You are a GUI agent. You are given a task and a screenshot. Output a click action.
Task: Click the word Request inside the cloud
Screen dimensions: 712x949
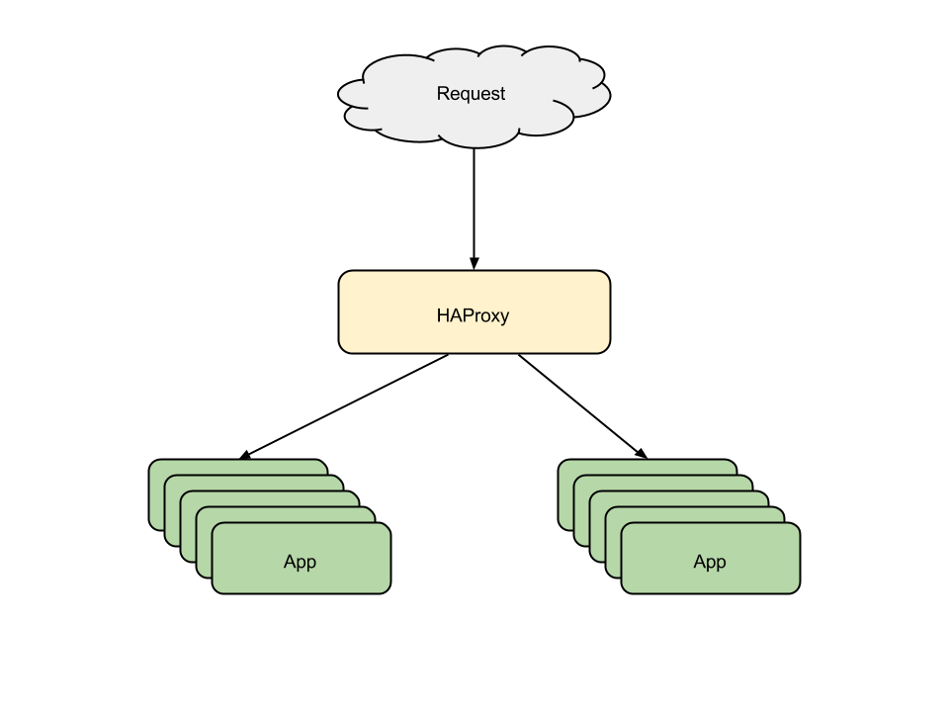[471, 94]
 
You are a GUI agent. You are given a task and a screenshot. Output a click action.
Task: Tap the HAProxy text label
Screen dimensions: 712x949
[473, 316]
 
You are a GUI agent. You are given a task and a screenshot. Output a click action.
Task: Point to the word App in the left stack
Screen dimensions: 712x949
[300, 562]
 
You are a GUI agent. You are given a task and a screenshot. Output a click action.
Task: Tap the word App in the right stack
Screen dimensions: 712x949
[710, 562]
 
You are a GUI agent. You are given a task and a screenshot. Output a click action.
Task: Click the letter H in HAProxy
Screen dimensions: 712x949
[443, 316]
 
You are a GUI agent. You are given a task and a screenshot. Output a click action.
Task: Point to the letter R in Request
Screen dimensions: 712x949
[443, 94]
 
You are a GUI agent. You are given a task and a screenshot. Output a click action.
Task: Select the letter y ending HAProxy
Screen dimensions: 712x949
[504, 318]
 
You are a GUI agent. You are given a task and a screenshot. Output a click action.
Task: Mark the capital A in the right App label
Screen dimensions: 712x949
[700, 562]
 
